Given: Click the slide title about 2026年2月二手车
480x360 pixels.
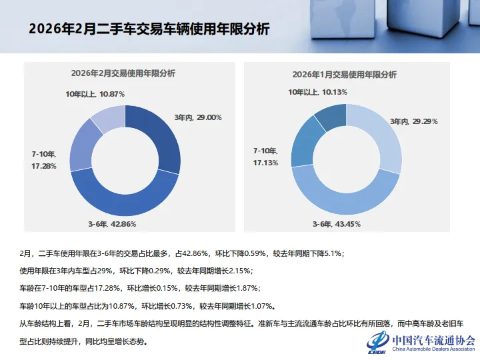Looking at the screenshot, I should click(x=149, y=29).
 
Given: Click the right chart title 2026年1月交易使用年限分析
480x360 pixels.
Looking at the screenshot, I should click(x=344, y=74).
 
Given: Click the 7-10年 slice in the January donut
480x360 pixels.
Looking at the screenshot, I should click(x=303, y=143).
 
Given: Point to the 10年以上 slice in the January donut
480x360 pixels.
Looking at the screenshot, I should click(x=329, y=117).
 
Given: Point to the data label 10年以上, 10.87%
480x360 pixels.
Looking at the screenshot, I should click(x=95, y=94).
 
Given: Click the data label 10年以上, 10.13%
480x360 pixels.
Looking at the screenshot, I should click(x=317, y=91).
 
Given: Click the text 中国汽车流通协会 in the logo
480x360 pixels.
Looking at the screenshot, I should click(x=433, y=340).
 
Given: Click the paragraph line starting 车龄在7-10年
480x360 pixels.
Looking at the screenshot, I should click(x=141, y=289).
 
